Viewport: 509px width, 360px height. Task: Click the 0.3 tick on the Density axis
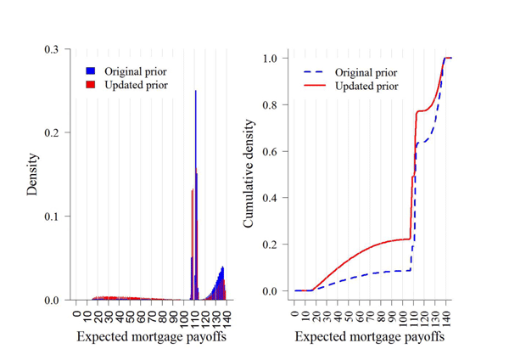[53, 50]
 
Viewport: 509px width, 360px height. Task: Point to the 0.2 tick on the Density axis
[53, 133]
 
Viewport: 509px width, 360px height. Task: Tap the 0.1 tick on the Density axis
[53, 217]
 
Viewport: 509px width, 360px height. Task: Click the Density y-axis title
[32, 174]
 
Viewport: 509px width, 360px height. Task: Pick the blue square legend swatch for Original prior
[90, 71]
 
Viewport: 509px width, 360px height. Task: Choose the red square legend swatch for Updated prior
[90, 85]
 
